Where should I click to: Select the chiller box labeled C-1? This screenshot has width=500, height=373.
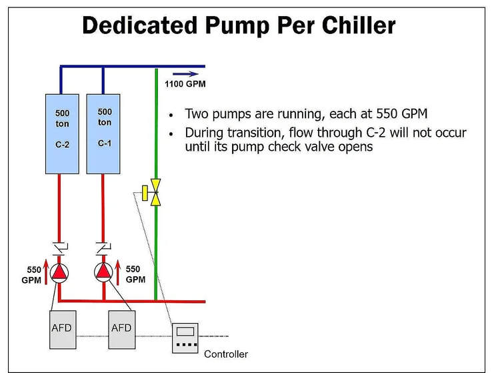(104, 133)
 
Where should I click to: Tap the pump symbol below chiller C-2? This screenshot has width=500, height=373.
(61, 272)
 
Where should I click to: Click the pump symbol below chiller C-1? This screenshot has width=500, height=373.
(104, 271)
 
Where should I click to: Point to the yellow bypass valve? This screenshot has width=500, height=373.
(155, 192)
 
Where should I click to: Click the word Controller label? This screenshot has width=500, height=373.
(226, 354)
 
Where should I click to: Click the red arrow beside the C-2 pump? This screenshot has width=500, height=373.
(45, 274)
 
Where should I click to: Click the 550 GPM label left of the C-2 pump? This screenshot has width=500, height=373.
(33, 274)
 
